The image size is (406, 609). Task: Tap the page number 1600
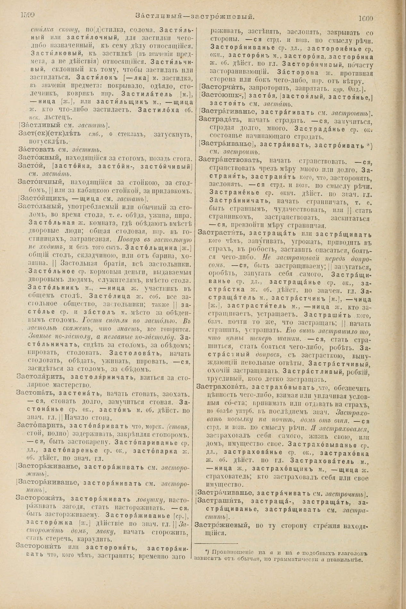pyautogui.click(x=365, y=18)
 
